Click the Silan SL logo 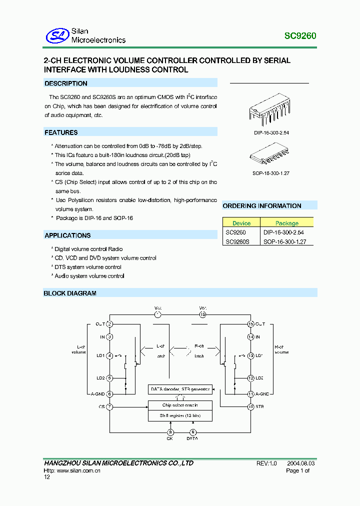click(57, 35)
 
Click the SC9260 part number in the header click(300, 36)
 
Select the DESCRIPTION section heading click(66, 83)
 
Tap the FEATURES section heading click(61, 132)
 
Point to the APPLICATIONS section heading click(67, 235)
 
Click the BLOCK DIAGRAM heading click(70, 293)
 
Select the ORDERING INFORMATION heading click(262, 206)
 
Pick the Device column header click(241, 223)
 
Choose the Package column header click(287, 223)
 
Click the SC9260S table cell click(237, 241)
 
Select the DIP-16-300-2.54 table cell click(283, 232)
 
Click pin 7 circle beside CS click(109, 406)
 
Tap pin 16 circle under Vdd click(202, 314)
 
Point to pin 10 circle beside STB click(250, 406)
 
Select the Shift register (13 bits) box click(180, 416)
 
